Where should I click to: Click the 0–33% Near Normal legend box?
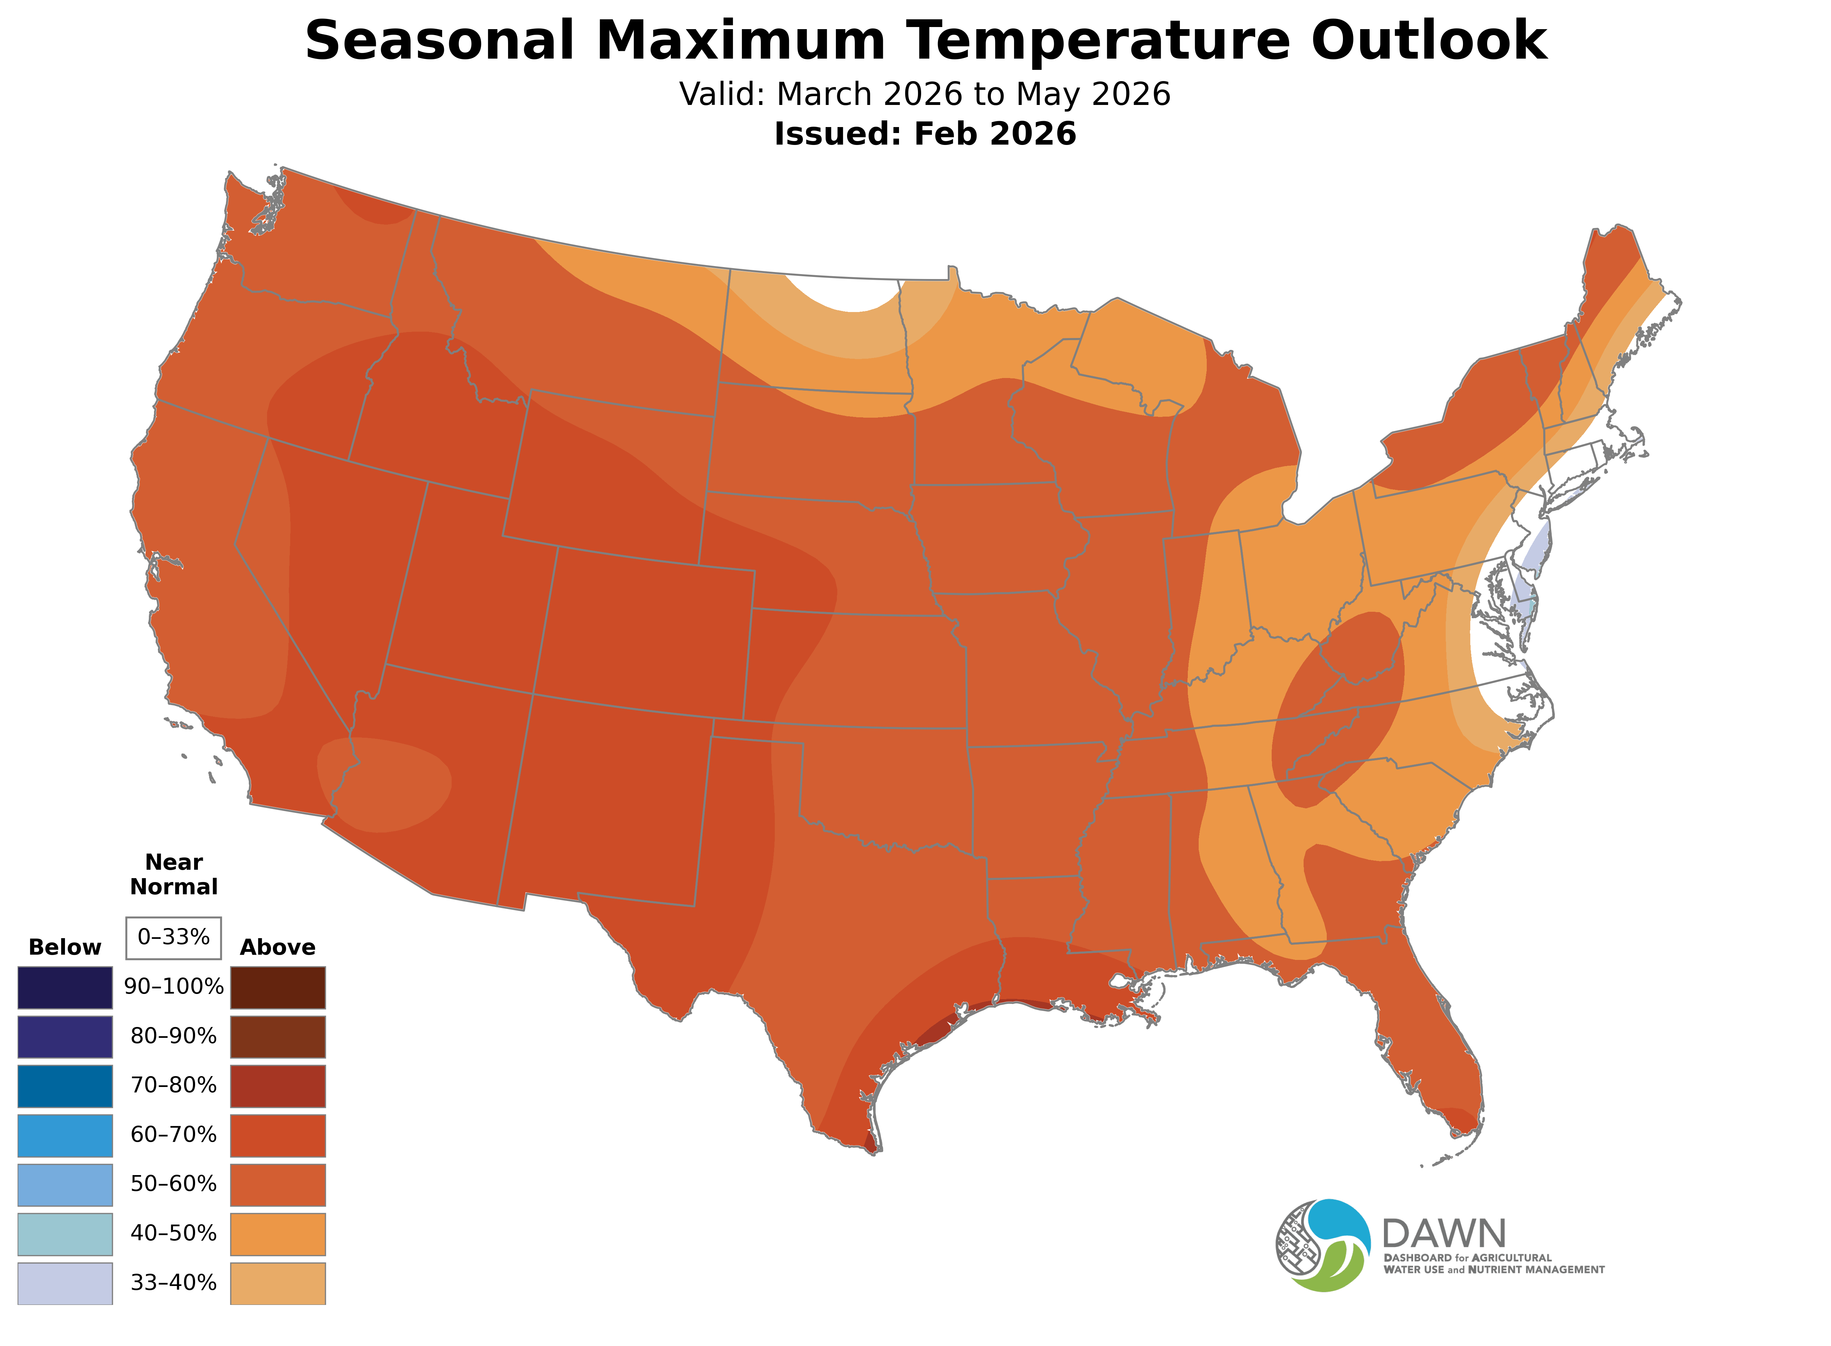[173, 937]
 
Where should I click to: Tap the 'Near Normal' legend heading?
[173, 874]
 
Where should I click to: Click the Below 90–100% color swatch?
[65, 988]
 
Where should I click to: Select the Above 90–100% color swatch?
[278, 988]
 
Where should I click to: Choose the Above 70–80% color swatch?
[278, 1086]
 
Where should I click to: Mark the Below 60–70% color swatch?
[65, 1135]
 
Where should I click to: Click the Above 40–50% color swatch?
[278, 1234]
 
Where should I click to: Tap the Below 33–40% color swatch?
[65, 1283]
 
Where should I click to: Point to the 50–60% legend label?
[173, 1184]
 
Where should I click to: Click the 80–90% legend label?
[173, 1036]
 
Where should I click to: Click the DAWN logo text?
[1443, 1234]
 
